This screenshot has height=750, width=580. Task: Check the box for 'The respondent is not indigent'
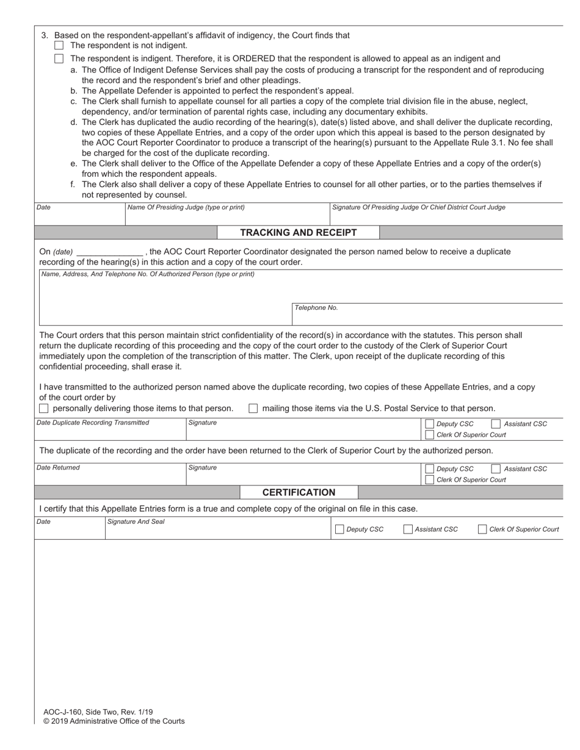[x=59, y=46]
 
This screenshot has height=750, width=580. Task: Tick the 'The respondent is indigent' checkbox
[x=59, y=59]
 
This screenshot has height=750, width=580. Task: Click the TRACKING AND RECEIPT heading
[x=298, y=232]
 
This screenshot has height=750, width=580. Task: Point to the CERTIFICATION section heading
[x=299, y=492]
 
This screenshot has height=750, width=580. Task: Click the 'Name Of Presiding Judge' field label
[x=186, y=207]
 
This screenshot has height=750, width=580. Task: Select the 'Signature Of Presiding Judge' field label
[x=418, y=207]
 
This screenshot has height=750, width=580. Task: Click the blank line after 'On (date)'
[x=110, y=252]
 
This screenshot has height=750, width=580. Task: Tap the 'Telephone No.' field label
[x=316, y=308]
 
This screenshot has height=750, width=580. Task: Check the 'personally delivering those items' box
[x=44, y=409]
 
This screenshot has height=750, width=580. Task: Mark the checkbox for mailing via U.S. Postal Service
[x=253, y=409]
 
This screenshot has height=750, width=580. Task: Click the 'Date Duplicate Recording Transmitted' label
[x=93, y=423]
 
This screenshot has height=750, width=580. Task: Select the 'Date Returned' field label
[x=58, y=468]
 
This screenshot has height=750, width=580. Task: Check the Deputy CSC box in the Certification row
[x=339, y=529]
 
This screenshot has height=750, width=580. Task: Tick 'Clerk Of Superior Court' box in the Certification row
[x=482, y=529]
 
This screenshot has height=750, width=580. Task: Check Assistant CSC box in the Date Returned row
[x=496, y=469]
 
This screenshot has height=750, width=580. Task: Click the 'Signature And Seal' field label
[x=136, y=522]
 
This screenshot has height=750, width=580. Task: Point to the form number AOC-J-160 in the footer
[x=98, y=712]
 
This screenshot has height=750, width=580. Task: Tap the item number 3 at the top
[x=44, y=35]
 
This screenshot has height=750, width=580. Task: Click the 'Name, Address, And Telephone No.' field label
[x=148, y=274]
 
